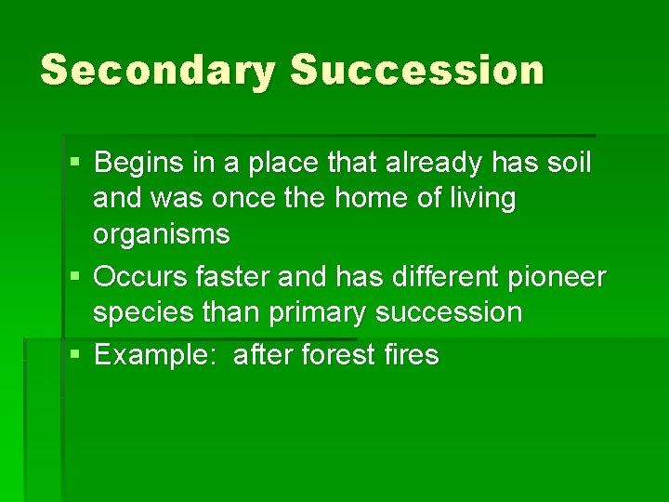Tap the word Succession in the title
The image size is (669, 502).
[416, 71]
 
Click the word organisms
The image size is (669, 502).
[161, 234]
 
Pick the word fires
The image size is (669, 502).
[408, 354]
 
